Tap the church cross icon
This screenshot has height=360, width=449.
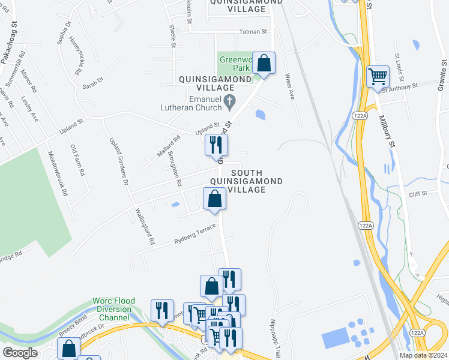[229, 103]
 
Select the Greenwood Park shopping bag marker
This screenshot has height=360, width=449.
[264, 62]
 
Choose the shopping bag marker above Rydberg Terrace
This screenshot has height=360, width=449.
[214, 199]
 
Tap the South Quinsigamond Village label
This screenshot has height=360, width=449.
[246, 181]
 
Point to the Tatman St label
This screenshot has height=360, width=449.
[253, 31]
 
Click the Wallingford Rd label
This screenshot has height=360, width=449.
[145, 226]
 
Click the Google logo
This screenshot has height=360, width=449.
[20, 353]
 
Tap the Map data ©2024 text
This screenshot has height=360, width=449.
[422, 355]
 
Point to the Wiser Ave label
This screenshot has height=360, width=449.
[290, 86]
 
